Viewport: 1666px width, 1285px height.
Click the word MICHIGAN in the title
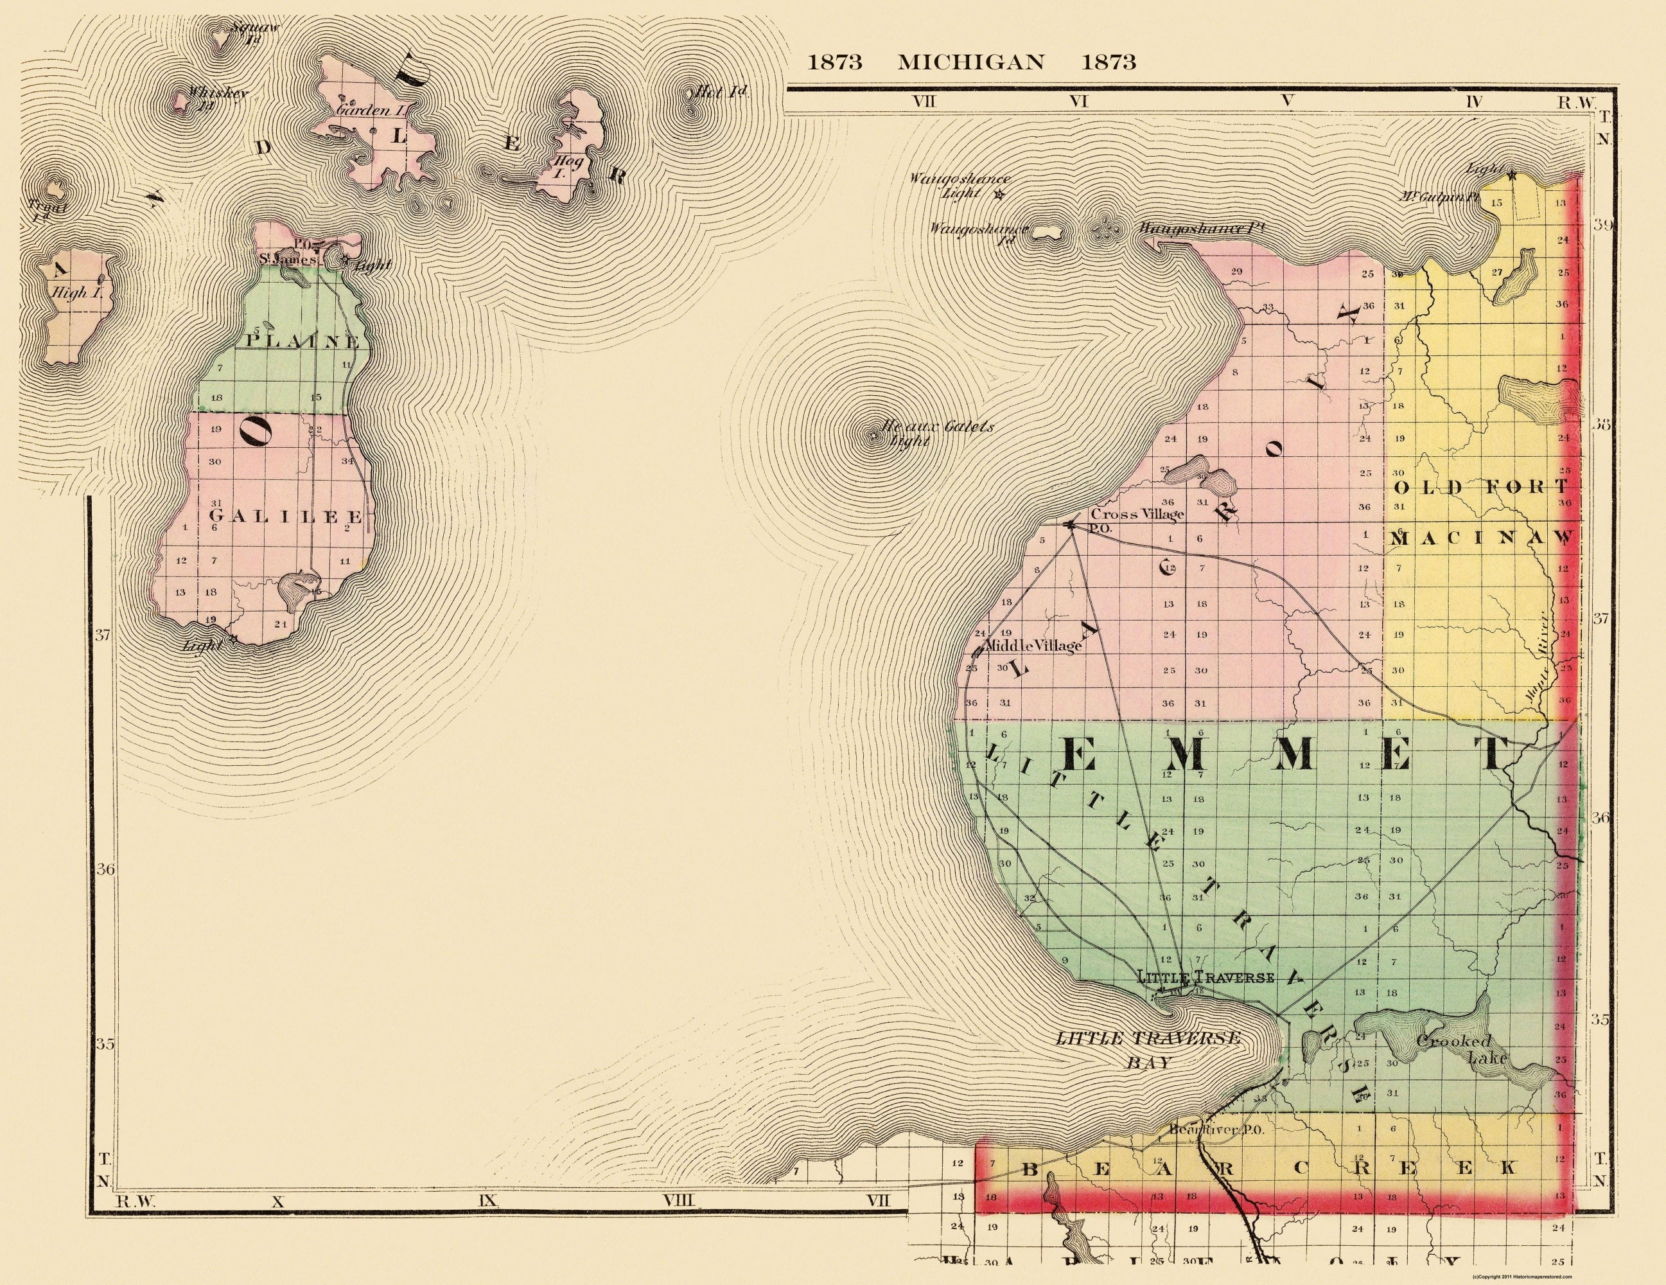970,62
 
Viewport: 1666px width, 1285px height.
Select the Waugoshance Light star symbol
999,195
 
